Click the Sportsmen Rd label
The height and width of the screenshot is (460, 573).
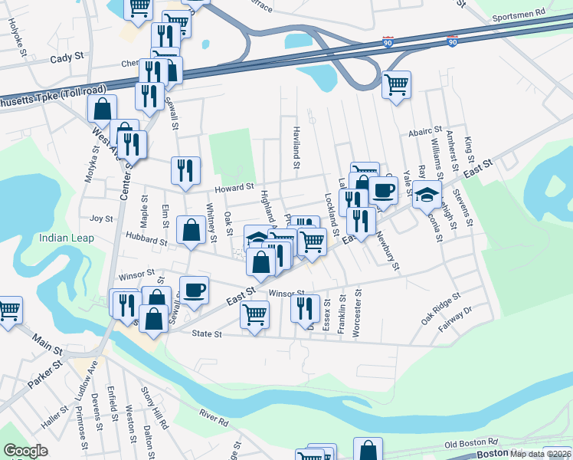[x=518, y=13]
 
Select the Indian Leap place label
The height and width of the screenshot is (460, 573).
[x=67, y=238]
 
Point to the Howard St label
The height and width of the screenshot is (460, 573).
[x=234, y=187]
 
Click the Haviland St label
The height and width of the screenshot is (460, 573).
[x=295, y=143]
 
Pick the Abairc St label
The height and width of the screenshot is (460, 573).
[x=426, y=131]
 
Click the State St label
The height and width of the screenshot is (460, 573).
[x=206, y=334]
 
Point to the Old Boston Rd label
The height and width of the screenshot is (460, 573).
[x=470, y=442]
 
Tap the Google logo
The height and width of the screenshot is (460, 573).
[x=26, y=451]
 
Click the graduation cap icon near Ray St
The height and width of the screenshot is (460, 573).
[x=427, y=195]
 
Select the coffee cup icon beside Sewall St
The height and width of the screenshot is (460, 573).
[x=195, y=290]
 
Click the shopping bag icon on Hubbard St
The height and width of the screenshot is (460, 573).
[x=190, y=229]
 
